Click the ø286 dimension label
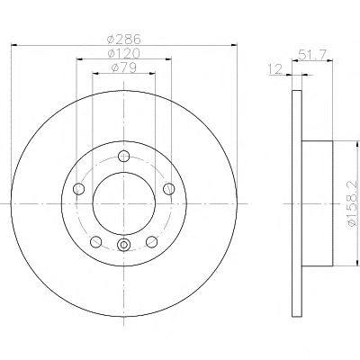pyautogui.click(x=124, y=39)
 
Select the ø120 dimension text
pyautogui.click(x=124, y=53)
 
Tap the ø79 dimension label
pyautogui.click(x=124, y=67)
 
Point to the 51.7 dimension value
pyautogui.click(x=312, y=55)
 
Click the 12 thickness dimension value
pyautogui.click(x=275, y=69)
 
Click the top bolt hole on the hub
pyautogui.click(x=123, y=156)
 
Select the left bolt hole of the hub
pyautogui.click(x=78, y=189)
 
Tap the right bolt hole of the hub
pyautogui.click(x=169, y=189)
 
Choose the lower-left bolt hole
pyautogui.click(x=96, y=242)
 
